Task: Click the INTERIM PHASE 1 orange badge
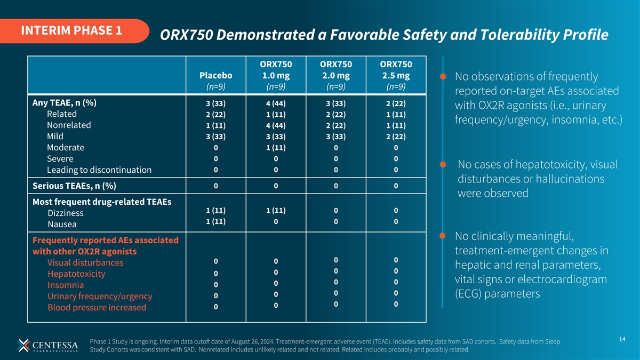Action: point(74,31)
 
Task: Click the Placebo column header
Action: point(215,75)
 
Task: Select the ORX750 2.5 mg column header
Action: point(396,75)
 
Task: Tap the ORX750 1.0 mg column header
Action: point(276,75)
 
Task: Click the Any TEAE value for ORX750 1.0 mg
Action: point(276,103)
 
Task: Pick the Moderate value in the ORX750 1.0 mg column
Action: point(276,148)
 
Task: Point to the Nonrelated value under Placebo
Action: point(215,125)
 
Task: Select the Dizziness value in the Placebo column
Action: point(215,210)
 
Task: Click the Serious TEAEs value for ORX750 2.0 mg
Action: point(335,186)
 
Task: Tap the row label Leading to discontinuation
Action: point(99,170)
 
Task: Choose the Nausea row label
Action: point(62,225)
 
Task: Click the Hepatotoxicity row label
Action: point(76,274)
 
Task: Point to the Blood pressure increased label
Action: point(97,307)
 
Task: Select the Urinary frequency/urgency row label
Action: point(100,297)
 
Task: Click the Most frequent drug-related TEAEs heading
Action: point(102,202)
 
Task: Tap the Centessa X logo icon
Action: point(23,346)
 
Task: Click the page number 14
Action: point(622,339)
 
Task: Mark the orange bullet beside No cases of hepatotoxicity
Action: point(443,164)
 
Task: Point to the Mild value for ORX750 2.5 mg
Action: point(396,137)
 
